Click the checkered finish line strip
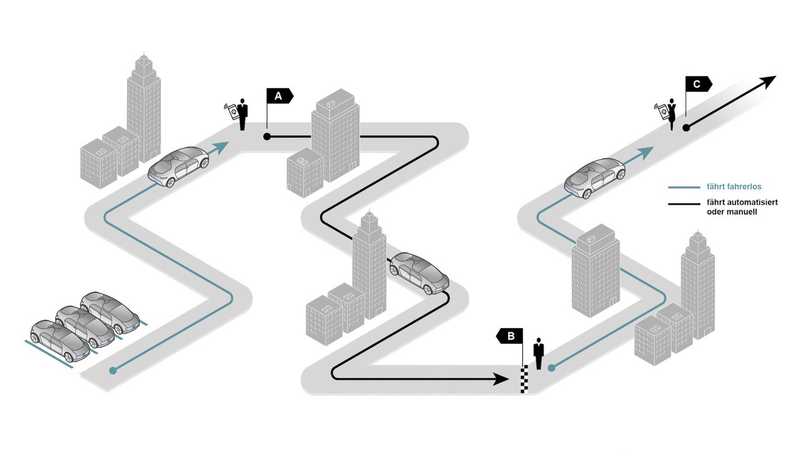point(524,379)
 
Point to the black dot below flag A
point(267,137)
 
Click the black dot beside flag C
point(686,128)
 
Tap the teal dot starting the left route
point(113,370)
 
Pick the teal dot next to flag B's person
point(551,368)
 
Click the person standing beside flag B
point(539,353)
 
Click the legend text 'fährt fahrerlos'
point(734,187)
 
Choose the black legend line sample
point(684,204)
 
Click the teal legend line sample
point(684,187)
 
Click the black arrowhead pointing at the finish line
point(502,379)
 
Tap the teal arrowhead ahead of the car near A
point(220,147)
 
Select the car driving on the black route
point(419,273)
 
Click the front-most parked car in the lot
point(60,341)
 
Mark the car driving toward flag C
point(595,178)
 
